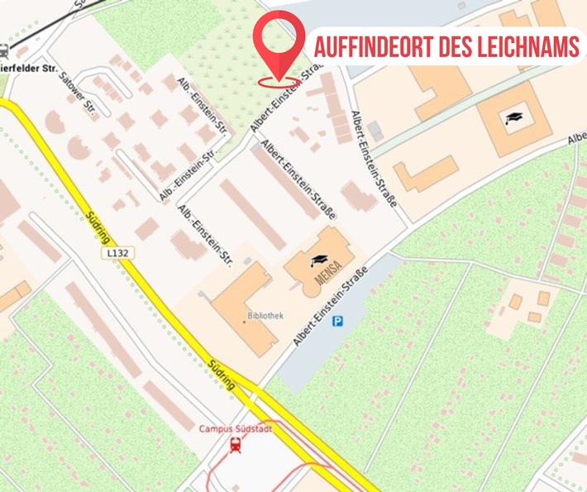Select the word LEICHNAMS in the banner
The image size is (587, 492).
[528, 47]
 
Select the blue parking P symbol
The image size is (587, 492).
[337, 321]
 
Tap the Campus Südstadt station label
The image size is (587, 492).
[235, 428]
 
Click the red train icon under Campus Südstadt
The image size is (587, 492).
[236, 446]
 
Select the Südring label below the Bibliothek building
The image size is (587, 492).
[223, 375]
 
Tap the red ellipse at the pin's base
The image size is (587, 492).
[279, 82]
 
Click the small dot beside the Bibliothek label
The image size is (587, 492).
[246, 317]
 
